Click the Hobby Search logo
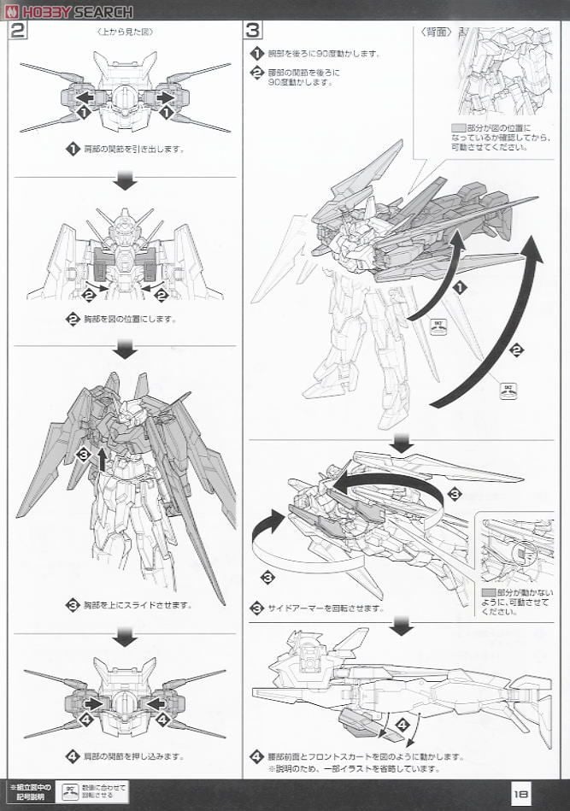pos(68,11)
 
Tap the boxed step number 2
pos(18,32)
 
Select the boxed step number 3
pos(253,32)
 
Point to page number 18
pos(524,793)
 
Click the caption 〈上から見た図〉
pos(125,32)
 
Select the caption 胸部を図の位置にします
pos(128,319)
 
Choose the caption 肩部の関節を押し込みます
pos(132,755)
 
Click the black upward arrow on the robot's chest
pos(103,460)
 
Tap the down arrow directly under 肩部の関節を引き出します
pos(126,181)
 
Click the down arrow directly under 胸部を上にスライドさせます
pos(126,637)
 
